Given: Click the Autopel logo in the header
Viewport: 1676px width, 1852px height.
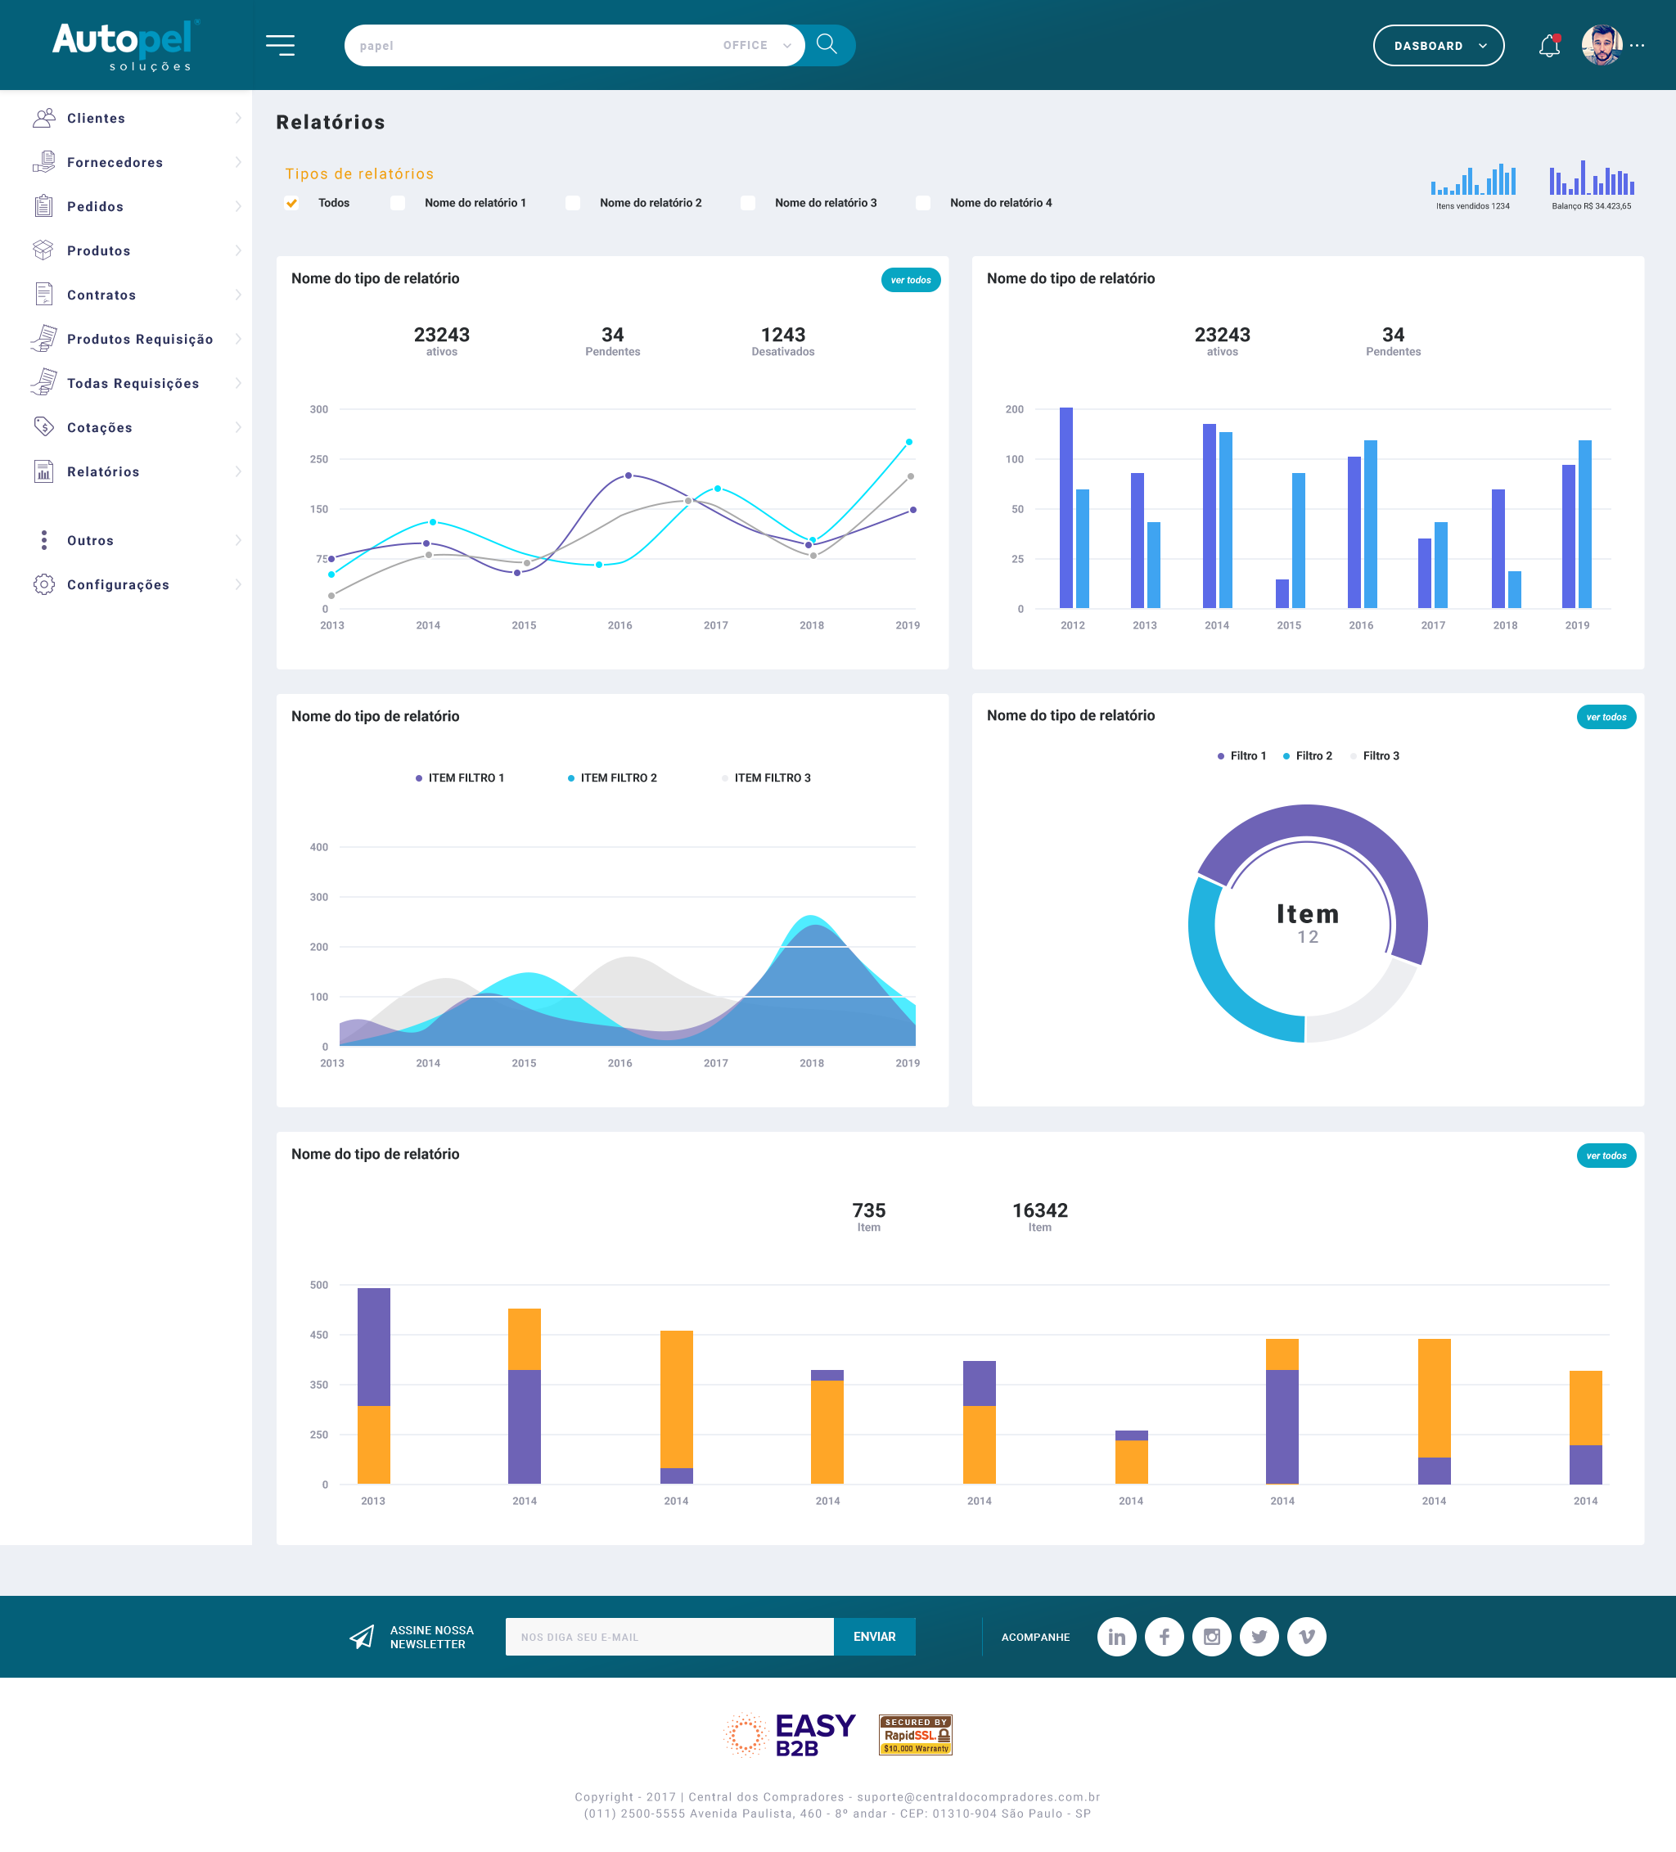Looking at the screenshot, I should pyautogui.click(x=124, y=44).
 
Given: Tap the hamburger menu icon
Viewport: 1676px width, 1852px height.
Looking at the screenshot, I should pyautogui.click(x=280, y=45).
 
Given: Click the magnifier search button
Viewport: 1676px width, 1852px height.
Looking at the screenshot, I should pyautogui.click(x=827, y=45).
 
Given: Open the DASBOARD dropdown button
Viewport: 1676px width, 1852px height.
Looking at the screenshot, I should pyautogui.click(x=1438, y=46).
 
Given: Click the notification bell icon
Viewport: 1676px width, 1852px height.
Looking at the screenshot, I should pyautogui.click(x=1549, y=46).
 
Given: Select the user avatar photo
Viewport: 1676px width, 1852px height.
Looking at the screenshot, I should pyautogui.click(x=1602, y=45).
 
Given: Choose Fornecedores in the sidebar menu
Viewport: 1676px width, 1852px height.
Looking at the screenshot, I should pyautogui.click(x=115, y=163).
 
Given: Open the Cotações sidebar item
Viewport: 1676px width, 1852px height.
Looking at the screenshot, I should pyautogui.click(x=99, y=428).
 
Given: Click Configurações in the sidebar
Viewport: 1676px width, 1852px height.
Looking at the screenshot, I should pyautogui.click(x=118, y=585).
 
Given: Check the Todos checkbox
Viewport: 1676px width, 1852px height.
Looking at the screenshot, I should pyautogui.click(x=292, y=203).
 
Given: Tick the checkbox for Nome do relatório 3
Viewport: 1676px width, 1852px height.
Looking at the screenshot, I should pyautogui.click(x=748, y=203).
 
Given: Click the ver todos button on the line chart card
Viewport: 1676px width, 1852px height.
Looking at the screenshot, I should pyautogui.click(x=911, y=280).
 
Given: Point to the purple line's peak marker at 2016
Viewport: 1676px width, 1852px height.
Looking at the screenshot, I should pyautogui.click(x=628, y=475).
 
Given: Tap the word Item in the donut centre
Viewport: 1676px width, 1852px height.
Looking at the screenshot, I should pyautogui.click(x=1308, y=914).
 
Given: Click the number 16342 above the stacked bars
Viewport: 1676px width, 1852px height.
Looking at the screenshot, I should pyautogui.click(x=1039, y=1210).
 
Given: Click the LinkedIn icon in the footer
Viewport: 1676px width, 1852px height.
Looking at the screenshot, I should pyautogui.click(x=1116, y=1637).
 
